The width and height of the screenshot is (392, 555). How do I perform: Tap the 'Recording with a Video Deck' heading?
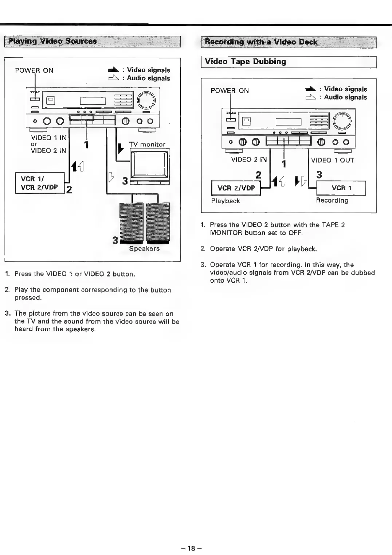click(261, 42)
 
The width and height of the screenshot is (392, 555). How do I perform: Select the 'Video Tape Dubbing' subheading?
click(245, 62)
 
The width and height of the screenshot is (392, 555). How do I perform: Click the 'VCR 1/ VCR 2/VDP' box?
click(39, 183)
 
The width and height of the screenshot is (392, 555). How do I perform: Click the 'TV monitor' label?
click(147, 144)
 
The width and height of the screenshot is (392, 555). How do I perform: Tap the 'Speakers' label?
click(144, 248)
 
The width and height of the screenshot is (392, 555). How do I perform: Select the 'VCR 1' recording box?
click(341, 188)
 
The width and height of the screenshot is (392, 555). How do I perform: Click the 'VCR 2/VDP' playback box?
click(236, 188)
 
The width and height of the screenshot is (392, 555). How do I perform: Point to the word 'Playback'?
click(226, 201)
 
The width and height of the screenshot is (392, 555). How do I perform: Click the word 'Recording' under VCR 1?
click(332, 200)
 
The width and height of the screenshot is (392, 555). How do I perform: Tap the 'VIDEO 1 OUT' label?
click(332, 160)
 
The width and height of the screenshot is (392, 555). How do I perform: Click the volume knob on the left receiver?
click(146, 100)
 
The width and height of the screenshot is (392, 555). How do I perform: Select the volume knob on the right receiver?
click(342, 121)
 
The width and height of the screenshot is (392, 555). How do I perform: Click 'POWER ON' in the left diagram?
click(34, 71)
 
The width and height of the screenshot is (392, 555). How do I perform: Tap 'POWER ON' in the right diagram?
click(230, 91)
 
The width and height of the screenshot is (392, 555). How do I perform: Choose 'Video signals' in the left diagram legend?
click(148, 70)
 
